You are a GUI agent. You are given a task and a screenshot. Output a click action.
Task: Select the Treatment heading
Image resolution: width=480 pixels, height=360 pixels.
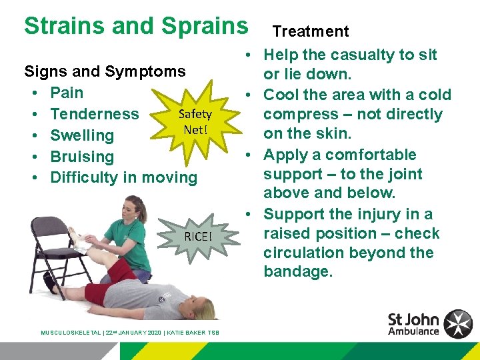[311, 31]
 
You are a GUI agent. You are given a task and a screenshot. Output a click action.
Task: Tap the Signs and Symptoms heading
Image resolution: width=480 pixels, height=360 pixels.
[105, 71]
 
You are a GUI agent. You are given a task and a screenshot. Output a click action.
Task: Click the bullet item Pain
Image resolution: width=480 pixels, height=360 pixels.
[67, 93]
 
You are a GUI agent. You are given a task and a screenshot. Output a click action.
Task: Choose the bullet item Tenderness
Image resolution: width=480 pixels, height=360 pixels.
[95, 114]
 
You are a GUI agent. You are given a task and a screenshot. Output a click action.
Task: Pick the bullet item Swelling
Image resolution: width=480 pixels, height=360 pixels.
[82, 135]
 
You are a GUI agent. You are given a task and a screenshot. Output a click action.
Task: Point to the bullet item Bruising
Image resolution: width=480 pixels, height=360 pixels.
[82, 157]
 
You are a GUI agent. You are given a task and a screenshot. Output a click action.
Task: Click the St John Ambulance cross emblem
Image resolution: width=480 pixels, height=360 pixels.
[458, 324]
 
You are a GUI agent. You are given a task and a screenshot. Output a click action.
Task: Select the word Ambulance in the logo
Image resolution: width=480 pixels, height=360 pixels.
[414, 331]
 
